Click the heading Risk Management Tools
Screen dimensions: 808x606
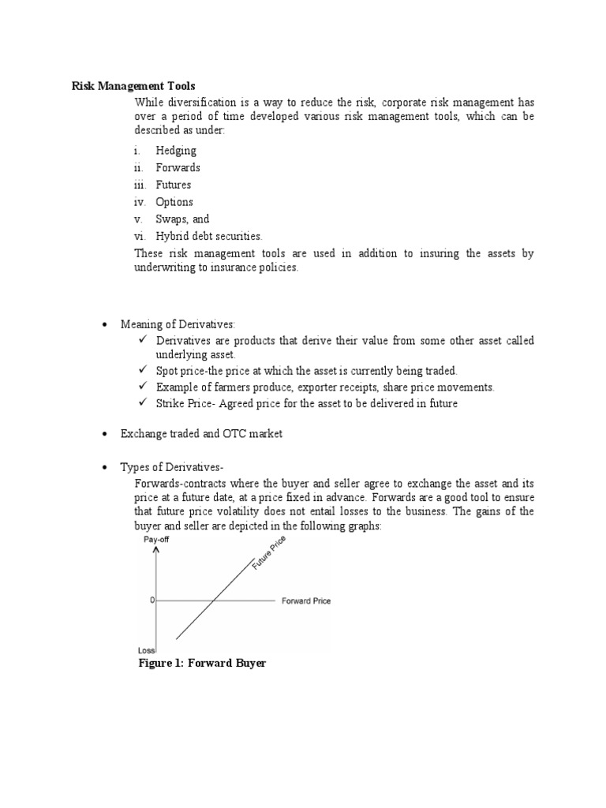[x=133, y=86]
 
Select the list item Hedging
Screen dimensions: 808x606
[x=176, y=150]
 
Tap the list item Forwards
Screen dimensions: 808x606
[x=178, y=167]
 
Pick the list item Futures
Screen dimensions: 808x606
[x=173, y=185]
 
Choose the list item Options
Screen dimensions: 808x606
[x=174, y=202]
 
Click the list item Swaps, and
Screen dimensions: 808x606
[x=182, y=219]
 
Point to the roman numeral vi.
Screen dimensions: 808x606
[x=139, y=236]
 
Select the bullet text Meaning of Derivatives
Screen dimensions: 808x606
[x=178, y=324]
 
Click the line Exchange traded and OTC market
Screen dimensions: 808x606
[x=201, y=434]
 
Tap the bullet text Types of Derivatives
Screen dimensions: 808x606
[x=173, y=467]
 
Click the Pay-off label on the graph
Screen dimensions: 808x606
[x=155, y=540]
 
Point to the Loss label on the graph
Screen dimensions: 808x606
[x=145, y=650]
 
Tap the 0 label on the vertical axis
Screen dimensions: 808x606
[x=151, y=600]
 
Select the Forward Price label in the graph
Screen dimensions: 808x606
[x=306, y=601]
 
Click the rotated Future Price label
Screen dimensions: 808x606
[x=269, y=553]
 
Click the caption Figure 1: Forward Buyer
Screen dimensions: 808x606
[x=203, y=664]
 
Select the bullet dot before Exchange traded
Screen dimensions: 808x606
[x=105, y=435]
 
